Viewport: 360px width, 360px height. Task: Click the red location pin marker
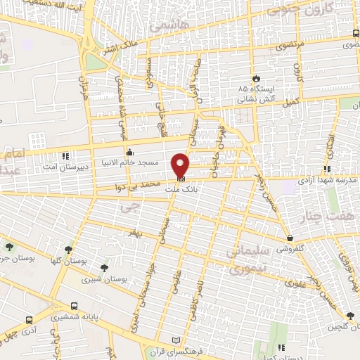point(181,165)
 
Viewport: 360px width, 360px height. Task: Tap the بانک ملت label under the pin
point(179,189)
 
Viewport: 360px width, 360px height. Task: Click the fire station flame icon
point(256,78)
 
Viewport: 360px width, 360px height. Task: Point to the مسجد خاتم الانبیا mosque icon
point(129,152)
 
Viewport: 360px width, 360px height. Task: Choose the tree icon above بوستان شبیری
point(105,267)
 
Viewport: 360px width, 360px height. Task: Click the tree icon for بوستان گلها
point(68,249)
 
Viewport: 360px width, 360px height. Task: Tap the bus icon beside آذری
point(27,319)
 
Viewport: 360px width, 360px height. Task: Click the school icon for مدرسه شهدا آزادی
point(327,169)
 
